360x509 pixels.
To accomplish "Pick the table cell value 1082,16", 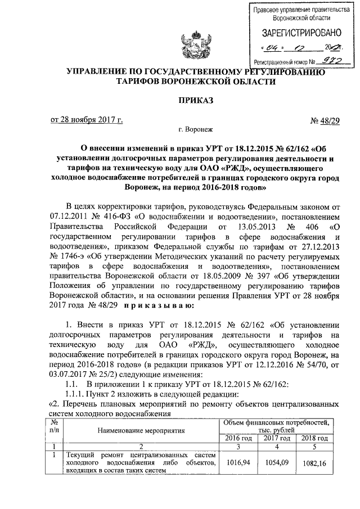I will pyautogui.click(x=314, y=465).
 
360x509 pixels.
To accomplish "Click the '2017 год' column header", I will pyautogui.click(x=276, y=438).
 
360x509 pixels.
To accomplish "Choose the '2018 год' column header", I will pyautogui.click(x=314, y=438).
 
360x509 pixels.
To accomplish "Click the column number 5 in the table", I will pyautogui.click(x=314, y=446).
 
